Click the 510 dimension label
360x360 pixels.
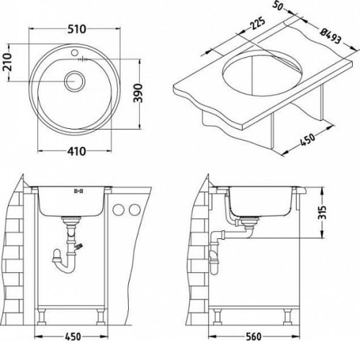(76, 30)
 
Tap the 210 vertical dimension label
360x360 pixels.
(7, 63)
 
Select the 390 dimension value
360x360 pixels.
(138, 93)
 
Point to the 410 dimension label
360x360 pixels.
(76, 151)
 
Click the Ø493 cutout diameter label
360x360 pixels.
(331, 36)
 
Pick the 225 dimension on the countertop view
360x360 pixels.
(257, 23)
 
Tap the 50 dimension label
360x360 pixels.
(278, 6)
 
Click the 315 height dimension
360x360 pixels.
(323, 212)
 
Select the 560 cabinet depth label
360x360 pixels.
(253, 337)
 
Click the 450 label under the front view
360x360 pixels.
(73, 337)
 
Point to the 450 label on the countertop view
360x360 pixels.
(307, 140)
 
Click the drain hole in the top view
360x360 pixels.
(74, 81)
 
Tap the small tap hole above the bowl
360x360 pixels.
(74, 52)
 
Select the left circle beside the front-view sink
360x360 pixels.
(118, 210)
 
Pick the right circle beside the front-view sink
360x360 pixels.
(135, 210)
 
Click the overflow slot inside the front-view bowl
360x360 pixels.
(78, 192)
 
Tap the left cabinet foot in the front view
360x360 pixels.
(42, 316)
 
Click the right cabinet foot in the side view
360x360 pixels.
(287, 316)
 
